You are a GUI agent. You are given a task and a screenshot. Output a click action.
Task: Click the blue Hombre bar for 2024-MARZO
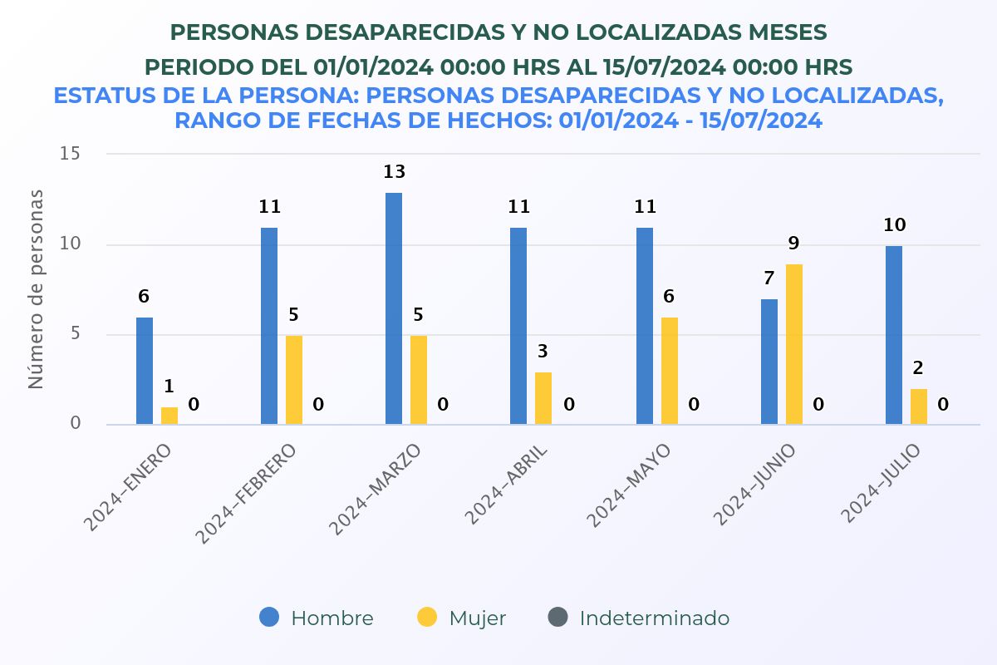pyautogui.click(x=394, y=308)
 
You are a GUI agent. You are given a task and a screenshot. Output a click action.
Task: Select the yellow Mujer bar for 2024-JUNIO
pyautogui.click(x=794, y=344)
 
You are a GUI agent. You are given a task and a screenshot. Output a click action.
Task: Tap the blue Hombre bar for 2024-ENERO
pyautogui.click(x=145, y=371)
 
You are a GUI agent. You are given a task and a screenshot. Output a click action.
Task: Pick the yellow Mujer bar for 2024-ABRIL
pyautogui.click(x=543, y=398)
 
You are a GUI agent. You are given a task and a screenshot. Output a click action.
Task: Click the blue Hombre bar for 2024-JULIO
pyautogui.click(x=894, y=335)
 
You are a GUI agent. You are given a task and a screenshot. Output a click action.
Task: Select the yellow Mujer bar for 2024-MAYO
pyautogui.click(x=670, y=371)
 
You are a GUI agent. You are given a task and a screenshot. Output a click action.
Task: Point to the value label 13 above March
pyautogui.click(x=394, y=172)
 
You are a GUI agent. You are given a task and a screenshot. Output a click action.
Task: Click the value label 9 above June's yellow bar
pyautogui.click(x=793, y=244)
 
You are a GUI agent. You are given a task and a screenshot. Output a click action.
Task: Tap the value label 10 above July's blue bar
pyautogui.click(x=895, y=225)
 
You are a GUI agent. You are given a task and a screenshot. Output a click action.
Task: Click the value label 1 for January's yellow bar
pyautogui.click(x=169, y=387)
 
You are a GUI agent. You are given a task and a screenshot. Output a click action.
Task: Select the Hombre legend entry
pyautogui.click(x=317, y=618)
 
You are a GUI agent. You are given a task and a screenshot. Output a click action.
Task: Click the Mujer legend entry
pyautogui.click(x=461, y=618)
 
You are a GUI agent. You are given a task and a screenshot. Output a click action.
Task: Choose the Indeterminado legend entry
pyautogui.click(x=639, y=618)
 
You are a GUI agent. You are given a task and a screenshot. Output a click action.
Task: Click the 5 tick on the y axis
pyautogui.click(x=75, y=334)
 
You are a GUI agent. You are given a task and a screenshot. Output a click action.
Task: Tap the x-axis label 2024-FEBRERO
pyautogui.click(x=246, y=494)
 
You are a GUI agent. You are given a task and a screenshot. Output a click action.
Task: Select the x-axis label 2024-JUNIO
pyautogui.click(x=755, y=484)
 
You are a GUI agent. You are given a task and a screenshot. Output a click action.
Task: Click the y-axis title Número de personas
pyautogui.click(x=36, y=289)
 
